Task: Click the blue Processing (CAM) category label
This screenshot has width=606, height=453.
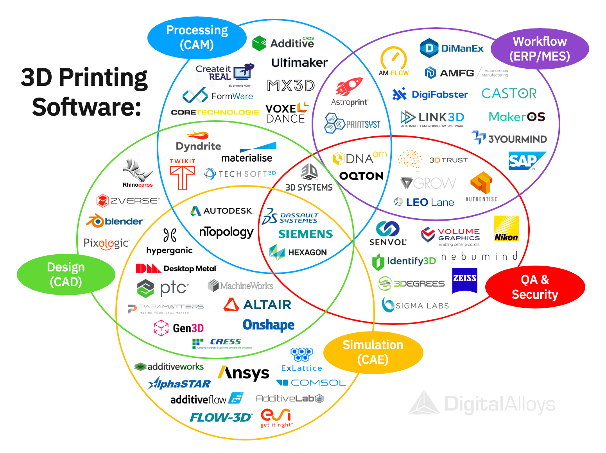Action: (197, 37)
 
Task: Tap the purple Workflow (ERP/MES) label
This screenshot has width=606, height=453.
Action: (540, 49)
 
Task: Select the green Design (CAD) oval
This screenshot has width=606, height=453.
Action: (66, 274)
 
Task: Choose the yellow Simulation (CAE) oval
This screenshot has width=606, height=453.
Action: (373, 352)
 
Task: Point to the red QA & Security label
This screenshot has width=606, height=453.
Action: (535, 287)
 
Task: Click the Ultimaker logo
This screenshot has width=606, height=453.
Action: (299, 62)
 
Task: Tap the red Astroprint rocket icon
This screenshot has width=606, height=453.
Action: (349, 87)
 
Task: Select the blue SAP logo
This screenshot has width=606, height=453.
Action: (526, 161)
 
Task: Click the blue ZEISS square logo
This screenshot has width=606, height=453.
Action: (464, 280)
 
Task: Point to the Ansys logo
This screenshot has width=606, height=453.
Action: (244, 373)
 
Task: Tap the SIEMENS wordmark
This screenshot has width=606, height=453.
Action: (305, 234)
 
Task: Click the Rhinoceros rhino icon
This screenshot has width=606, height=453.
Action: (136, 170)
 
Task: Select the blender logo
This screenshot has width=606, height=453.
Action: (115, 221)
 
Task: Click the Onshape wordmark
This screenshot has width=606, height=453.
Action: (268, 325)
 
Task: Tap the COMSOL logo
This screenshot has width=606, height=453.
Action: (311, 383)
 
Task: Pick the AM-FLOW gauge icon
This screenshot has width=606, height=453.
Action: (393, 59)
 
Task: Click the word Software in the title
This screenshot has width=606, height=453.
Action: (86, 107)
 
